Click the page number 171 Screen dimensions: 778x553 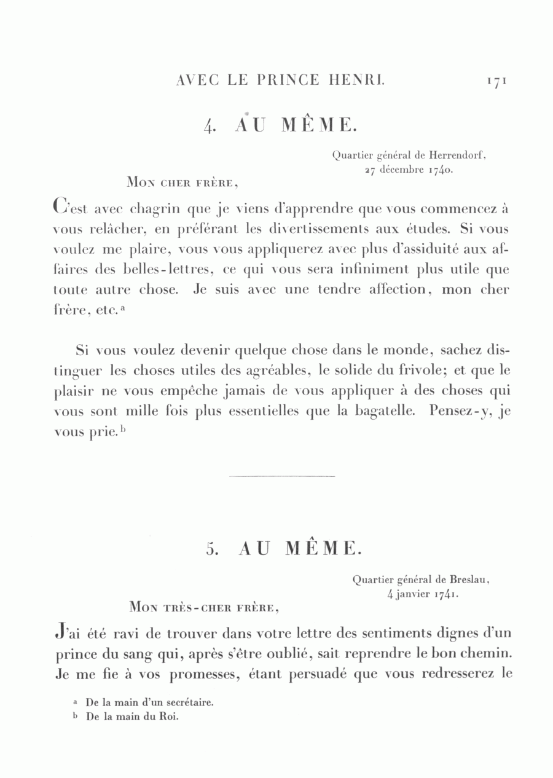(x=495, y=81)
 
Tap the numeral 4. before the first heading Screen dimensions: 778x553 (x=210, y=126)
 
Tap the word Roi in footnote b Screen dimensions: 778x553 (x=169, y=717)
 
